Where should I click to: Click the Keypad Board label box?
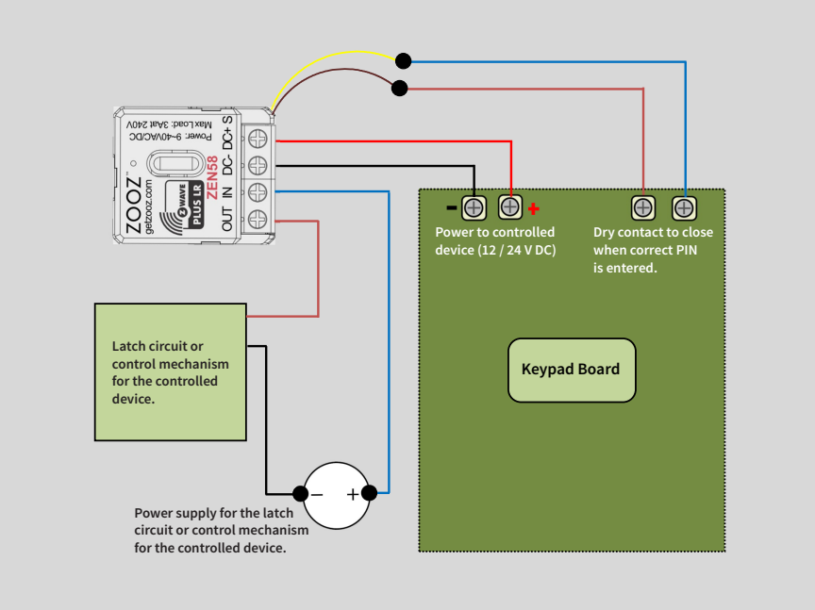(x=572, y=370)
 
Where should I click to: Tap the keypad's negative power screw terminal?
(x=474, y=206)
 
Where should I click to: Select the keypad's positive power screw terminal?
(x=510, y=206)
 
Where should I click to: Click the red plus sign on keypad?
(x=534, y=208)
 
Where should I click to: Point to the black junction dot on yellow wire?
(x=403, y=61)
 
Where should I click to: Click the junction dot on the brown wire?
(x=400, y=89)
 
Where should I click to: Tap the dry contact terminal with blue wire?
(x=684, y=206)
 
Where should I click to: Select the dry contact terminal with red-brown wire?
(x=642, y=206)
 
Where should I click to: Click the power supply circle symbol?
(x=335, y=494)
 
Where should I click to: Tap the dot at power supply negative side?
(x=300, y=493)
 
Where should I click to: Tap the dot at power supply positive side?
(x=370, y=493)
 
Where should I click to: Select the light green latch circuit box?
(x=171, y=371)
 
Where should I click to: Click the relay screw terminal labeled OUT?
(x=258, y=220)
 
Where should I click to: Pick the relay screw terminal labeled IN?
(x=258, y=192)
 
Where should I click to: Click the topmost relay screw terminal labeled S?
(x=258, y=138)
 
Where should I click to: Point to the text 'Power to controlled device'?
(x=494, y=240)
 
